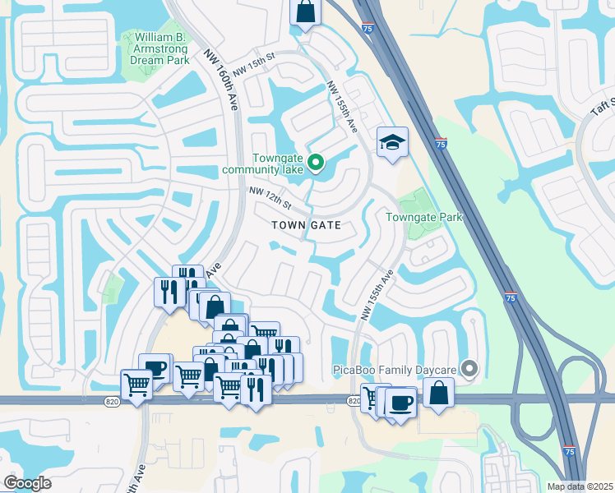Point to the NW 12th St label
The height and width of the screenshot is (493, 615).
(271, 197)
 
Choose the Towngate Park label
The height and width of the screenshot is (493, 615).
(424, 217)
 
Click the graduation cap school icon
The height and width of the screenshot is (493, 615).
(392, 142)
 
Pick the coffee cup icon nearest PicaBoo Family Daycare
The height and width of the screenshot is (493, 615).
(401, 403)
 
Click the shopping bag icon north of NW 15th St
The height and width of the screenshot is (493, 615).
(304, 12)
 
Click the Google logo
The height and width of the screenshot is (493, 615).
(27, 483)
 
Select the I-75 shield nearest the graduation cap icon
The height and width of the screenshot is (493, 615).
(442, 145)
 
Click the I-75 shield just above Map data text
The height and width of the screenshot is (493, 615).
(569, 451)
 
